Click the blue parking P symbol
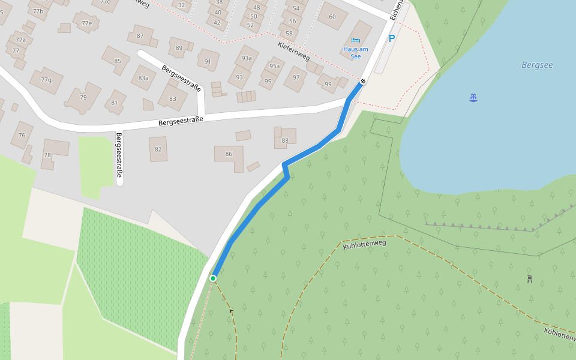tap(392, 38)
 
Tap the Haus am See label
tap(356, 52)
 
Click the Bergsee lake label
tap(537, 65)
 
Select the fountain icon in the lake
tap(473, 97)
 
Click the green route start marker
tap(213, 278)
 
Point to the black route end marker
tap(362, 81)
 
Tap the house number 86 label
tap(229, 154)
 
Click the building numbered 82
tap(158, 149)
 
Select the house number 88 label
tap(285, 140)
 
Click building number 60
tap(332, 17)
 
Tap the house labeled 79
tap(83, 98)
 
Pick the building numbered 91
tap(208, 61)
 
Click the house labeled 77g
tap(46, 80)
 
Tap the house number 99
tap(328, 84)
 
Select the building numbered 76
tap(22, 135)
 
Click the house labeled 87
tap(140, 36)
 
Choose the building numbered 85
tap(118, 61)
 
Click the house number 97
tap(296, 77)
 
